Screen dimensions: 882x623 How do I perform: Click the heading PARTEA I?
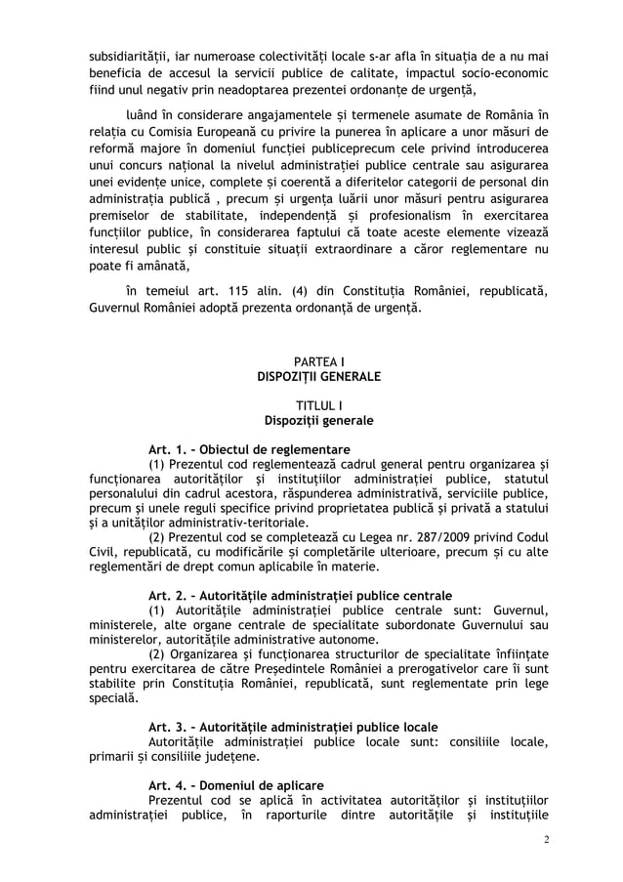[311, 361]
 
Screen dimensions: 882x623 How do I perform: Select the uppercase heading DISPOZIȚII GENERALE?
[311, 376]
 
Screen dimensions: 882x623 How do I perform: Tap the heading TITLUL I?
[311, 405]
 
